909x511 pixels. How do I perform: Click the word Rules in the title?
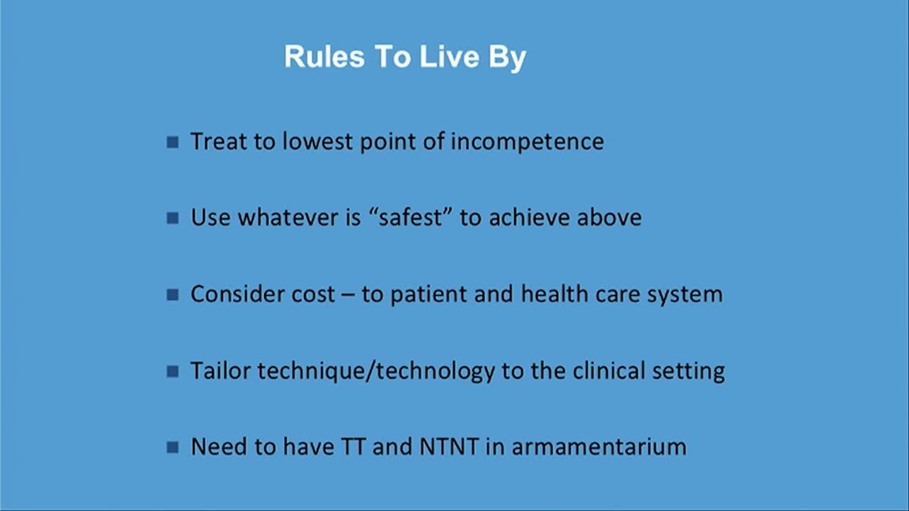coord(325,56)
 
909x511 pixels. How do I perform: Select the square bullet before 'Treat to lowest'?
coord(173,142)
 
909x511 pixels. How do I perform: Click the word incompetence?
coord(528,141)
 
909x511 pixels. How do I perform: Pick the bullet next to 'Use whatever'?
coord(173,218)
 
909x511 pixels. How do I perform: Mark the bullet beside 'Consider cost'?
coord(173,295)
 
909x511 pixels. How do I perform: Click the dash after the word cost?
coord(348,295)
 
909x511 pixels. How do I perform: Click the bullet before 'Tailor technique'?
coord(173,371)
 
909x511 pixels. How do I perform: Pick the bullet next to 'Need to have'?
coord(173,447)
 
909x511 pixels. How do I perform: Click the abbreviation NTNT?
coord(449,447)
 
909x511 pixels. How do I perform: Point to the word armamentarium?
coord(599,447)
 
